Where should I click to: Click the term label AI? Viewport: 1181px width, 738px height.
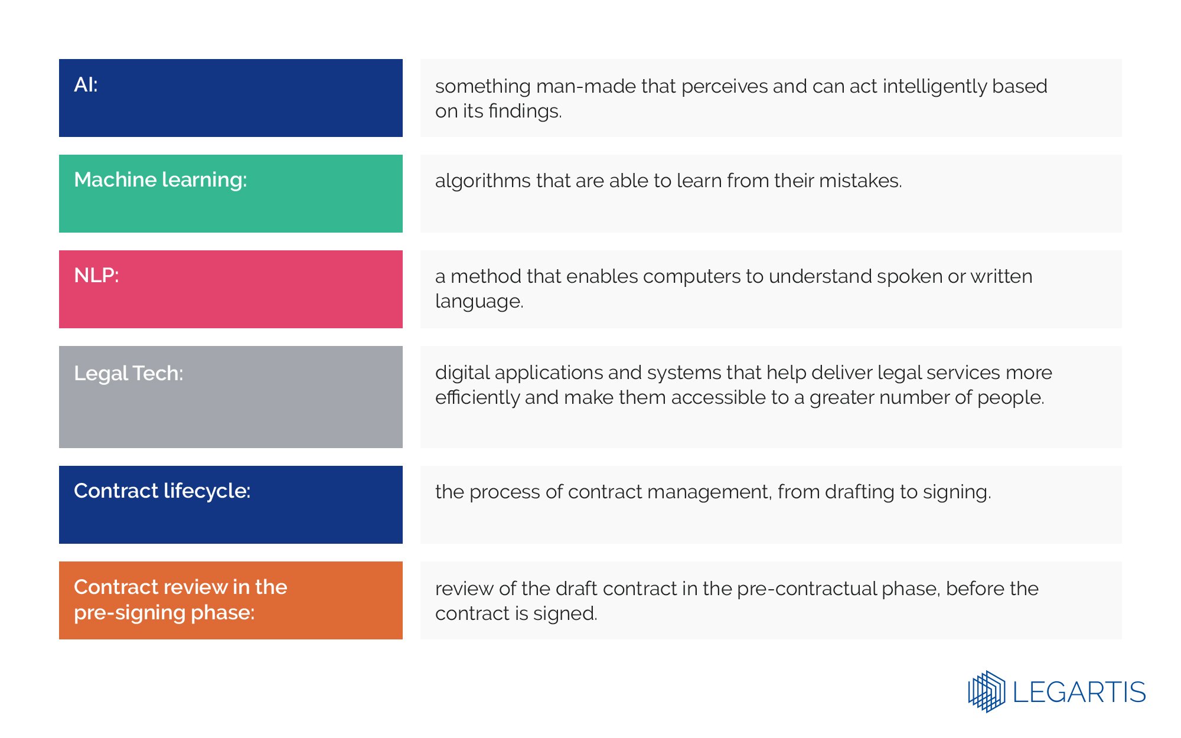[x=86, y=85]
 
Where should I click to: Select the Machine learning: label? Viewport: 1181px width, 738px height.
[x=160, y=179]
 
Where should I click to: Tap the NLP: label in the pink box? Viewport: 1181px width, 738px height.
[x=96, y=275]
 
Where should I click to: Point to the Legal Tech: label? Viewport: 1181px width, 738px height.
[x=128, y=373]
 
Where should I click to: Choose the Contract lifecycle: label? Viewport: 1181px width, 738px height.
[x=162, y=491]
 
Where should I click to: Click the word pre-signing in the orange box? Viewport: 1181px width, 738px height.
[x=130, y=613]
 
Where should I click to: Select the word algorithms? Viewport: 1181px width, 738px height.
[x=482, y=181]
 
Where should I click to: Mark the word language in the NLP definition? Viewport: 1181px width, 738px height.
[x=479, y=302]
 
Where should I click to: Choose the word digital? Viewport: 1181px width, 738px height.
[x=462, y=373]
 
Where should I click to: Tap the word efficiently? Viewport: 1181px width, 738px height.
[x=477, y=397]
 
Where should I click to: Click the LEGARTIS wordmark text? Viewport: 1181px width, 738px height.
[x=1079, y=692]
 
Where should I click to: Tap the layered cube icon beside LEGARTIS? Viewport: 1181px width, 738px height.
[x=986, y=691]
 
